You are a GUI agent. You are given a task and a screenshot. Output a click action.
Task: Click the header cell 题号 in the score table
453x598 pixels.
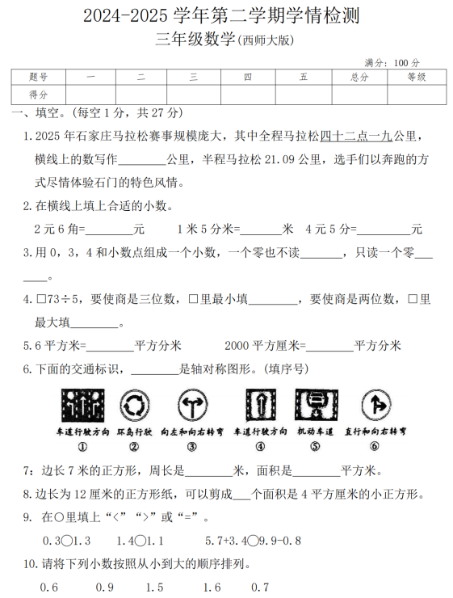point(38,78)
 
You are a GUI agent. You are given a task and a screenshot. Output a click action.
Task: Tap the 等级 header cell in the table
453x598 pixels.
point(416,78)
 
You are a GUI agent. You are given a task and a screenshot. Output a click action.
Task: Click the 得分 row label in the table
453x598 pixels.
point(38,95)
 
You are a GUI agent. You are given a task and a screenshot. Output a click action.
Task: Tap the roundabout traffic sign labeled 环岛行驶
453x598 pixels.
point(135,406)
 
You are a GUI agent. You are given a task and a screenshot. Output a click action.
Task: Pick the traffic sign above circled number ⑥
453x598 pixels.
point(373,406)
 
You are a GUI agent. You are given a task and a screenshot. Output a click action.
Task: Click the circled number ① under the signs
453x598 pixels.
point(82,446)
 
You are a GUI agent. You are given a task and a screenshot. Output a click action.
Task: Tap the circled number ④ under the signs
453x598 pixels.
point(258,446)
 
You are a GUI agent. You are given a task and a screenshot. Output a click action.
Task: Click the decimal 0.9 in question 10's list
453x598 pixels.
point(104,587)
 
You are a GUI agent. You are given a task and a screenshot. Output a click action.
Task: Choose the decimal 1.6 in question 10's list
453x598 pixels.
point(212,587)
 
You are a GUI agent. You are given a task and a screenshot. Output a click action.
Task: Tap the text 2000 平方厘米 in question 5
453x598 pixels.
point(262,346)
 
